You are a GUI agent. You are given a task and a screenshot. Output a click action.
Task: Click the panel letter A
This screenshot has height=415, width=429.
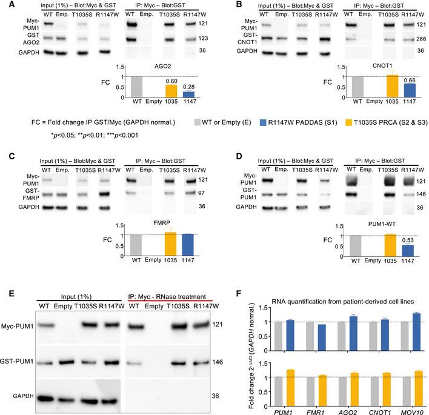[5, 5]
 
